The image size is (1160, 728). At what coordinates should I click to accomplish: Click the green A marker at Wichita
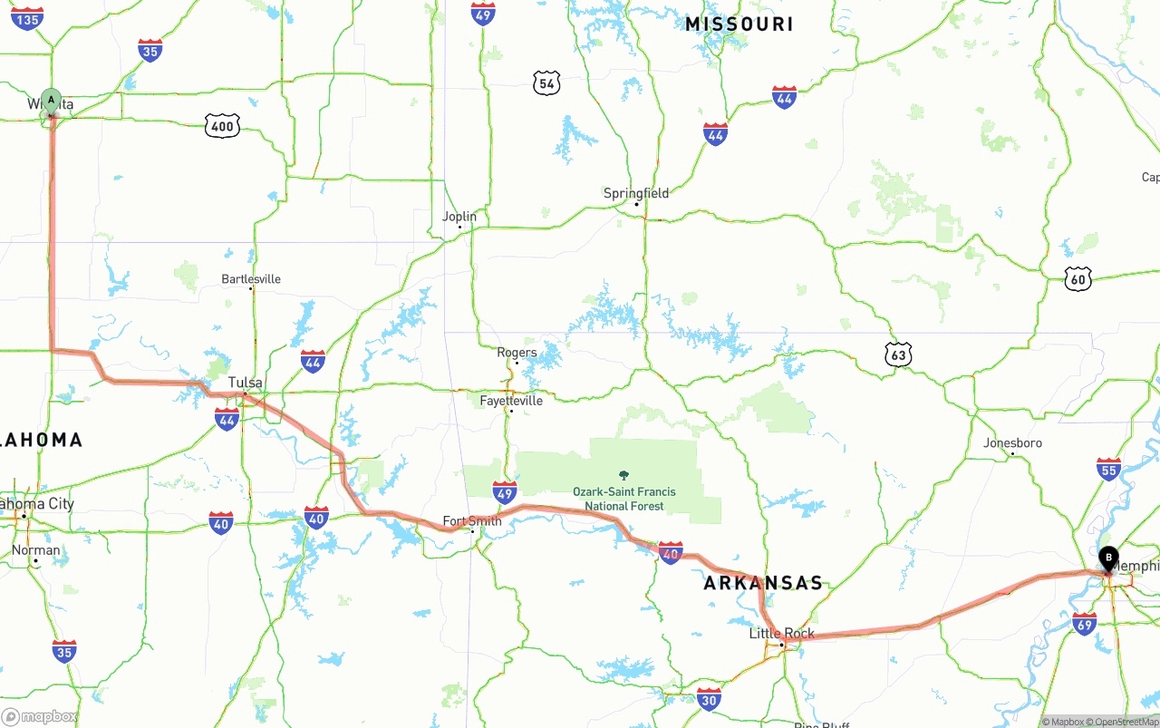click(x=52, y=100)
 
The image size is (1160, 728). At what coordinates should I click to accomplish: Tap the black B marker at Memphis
click(x=1108, y=558)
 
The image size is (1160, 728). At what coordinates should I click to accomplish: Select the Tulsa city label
click(x=245, y=383)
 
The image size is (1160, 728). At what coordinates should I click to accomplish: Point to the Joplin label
click(x=459, y=217)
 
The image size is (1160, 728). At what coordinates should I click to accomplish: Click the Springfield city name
click(x=636, y=193)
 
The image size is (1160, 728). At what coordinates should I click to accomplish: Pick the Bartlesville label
click(x=251, y=279)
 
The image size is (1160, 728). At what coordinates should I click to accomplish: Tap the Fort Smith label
click(x=471, y=521)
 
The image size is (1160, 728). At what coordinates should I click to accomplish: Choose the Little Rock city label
click(x=781, y=634)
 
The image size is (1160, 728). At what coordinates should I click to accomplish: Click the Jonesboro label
click(x=1012, y=443)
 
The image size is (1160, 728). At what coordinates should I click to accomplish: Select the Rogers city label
click(x=517, y=353)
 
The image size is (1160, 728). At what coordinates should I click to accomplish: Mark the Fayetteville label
click(x=511, y=401)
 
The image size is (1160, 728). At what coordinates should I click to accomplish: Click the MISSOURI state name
click(x=739, y=24)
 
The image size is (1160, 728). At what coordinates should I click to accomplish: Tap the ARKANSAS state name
click(x=763, y=583)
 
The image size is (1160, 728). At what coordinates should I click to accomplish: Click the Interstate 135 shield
click(x=28, y=18)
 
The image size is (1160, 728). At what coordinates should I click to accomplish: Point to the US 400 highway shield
click(x=222, y=126)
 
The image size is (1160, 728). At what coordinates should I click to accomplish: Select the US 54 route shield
click(x=546, y=84)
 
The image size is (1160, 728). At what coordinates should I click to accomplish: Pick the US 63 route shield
click(x=898, y=355)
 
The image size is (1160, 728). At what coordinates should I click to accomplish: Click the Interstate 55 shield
click(x=1108, y=469)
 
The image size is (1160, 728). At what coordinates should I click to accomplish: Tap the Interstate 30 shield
click(x=710, y=698)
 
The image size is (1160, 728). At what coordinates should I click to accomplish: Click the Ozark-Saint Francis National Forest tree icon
click(x=623, y=475)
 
